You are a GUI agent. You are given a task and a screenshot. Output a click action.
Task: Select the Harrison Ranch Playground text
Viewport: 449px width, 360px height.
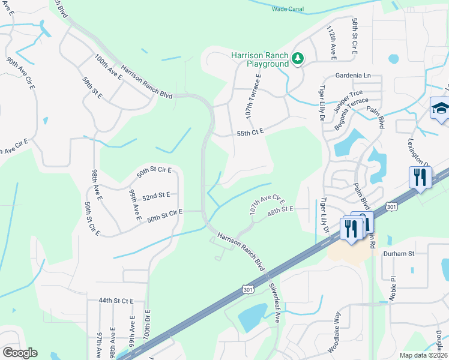[x=260, y=59]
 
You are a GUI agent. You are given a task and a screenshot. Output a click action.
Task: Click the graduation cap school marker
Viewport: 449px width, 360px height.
[x=440, y=109]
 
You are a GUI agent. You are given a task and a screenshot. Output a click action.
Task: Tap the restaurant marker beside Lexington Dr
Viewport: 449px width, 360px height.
[x=420, y=178]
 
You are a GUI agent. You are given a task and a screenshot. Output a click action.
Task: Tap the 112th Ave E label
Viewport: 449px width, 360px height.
[x=331, y=43]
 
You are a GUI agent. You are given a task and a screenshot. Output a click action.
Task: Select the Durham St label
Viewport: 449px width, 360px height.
[x=403, y=254]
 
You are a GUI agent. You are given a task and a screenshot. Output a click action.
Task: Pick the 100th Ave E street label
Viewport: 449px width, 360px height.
[x=108, y=67]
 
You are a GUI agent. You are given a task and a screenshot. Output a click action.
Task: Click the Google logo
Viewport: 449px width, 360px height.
[x=20, y=352]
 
